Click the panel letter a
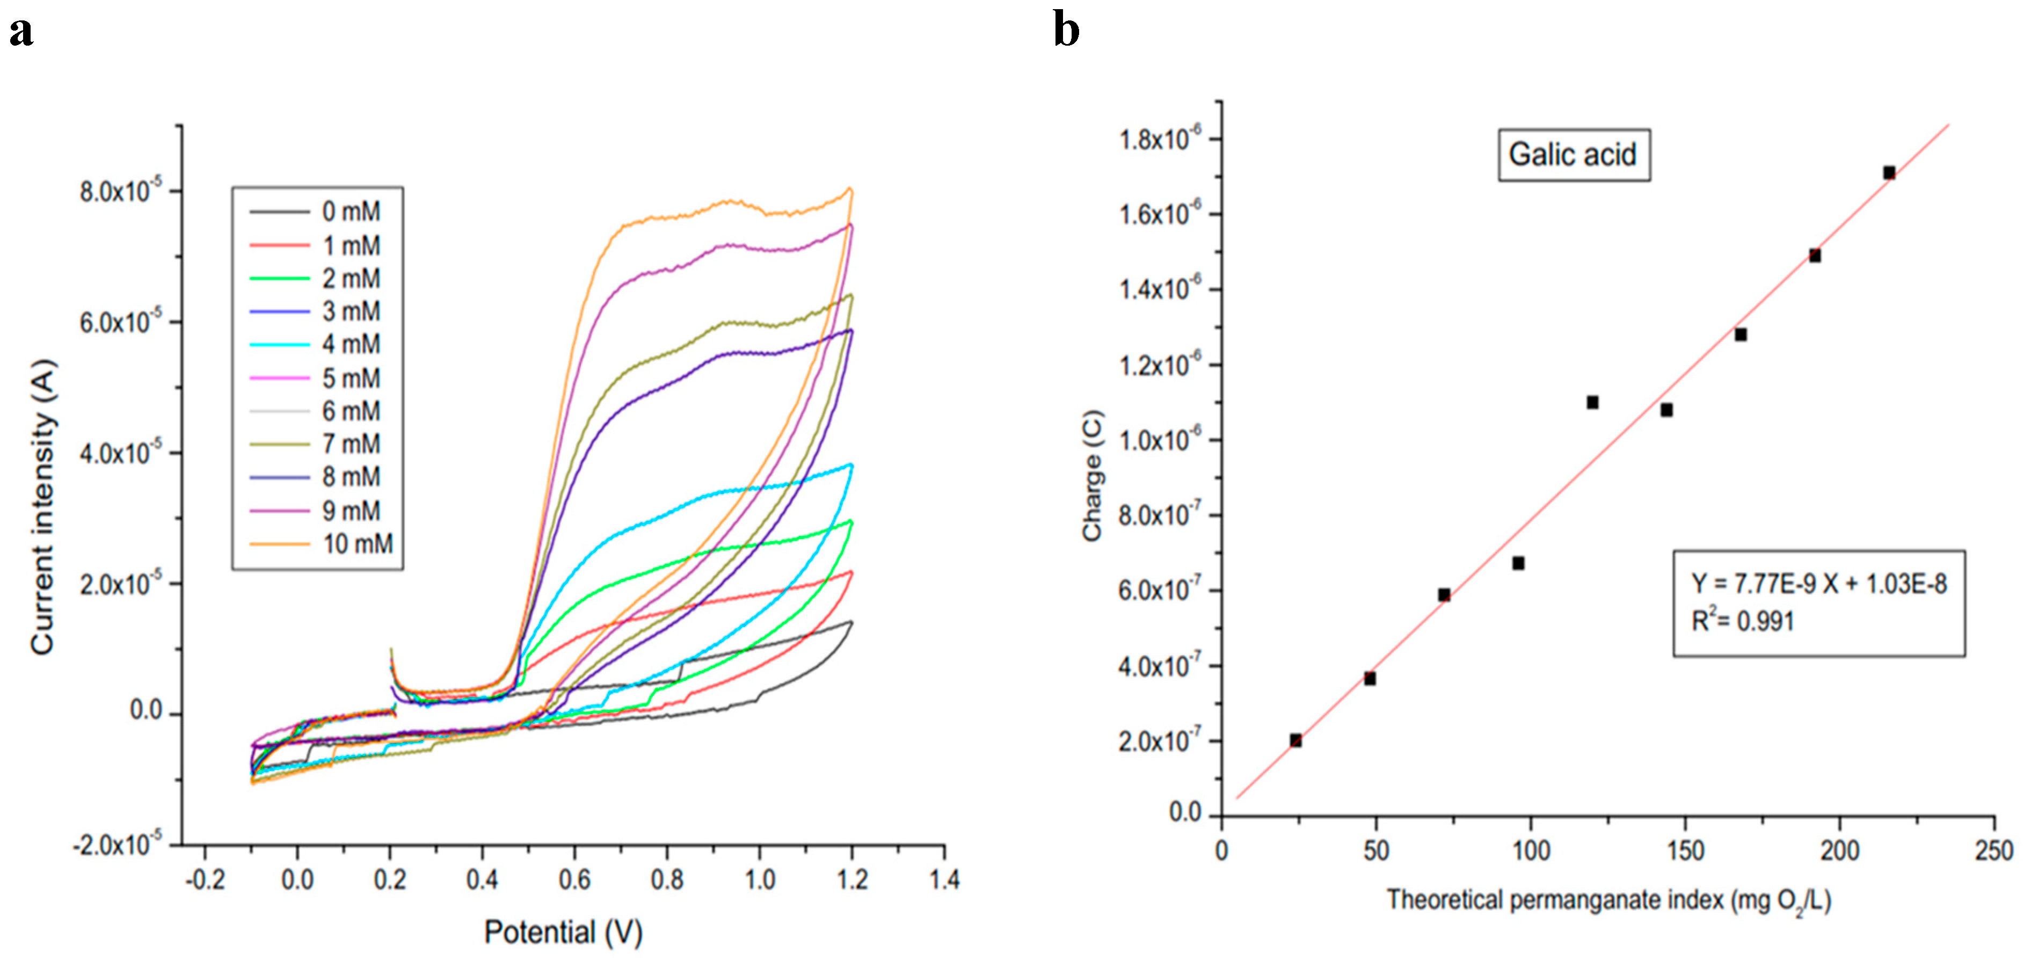pyautogui.click(x=21, y=32)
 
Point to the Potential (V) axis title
pyautogui.click(x=563, y=932)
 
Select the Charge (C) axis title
pyautogui.click(x=1092, y=476)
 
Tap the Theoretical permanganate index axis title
pyautogui.click(x=1608, y=900)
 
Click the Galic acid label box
pyautogui.click(x=1573, y=155)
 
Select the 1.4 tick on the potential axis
pyautogui.click(x=944, y=879)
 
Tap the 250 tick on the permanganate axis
pyautogui.click(x=1994, y=851)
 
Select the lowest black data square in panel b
pyautogui.click(x=1295, y=740)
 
